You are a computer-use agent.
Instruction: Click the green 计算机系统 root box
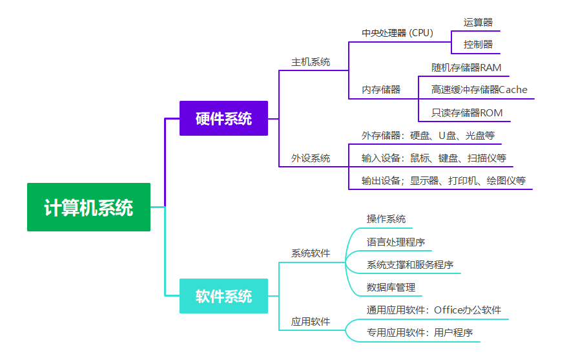(x=88, y=207)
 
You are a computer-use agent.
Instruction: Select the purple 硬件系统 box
(x=223, y=118)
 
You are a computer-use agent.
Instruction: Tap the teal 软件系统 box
(x=223, y=296)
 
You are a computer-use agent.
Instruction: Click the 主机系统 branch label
(x=311, y=62)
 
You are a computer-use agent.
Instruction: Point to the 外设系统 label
(x=311, y=158)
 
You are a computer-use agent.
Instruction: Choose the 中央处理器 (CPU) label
(x=397, y=33)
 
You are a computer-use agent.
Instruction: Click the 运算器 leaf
(x=478, y=22)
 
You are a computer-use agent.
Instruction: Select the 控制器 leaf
(x=478, y=45)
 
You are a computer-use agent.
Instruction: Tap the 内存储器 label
(x=381, y=90)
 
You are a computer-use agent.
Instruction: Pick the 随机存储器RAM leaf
(x=466, y=67)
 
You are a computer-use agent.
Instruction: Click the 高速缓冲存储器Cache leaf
(x=479, y=90)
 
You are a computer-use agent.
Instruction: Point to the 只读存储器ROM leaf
(x=467, y=113)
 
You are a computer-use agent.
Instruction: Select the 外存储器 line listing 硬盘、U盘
(x=428, y=136)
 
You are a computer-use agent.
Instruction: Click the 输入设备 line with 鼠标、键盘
(x=433, y=158)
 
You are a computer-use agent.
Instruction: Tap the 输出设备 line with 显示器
(x=443, y=180)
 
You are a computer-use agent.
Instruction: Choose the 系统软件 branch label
(x=311, y=253)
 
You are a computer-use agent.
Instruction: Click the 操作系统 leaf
(x=386, y=219)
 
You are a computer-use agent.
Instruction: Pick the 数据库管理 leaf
(x=391, y=287)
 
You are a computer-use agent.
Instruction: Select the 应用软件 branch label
(x=311, y=321)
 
